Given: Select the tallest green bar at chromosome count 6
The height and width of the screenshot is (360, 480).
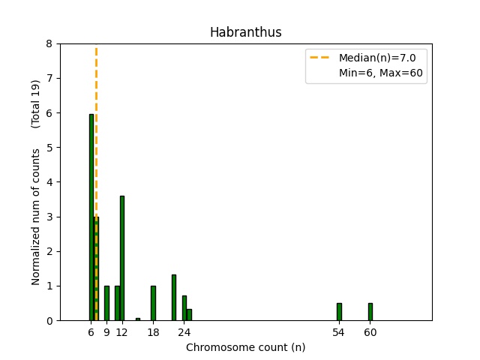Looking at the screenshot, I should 91,217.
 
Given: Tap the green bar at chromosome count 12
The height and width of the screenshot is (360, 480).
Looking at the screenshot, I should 122,258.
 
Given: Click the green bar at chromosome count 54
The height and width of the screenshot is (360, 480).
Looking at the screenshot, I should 339,311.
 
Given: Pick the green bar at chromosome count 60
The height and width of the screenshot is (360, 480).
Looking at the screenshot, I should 370,311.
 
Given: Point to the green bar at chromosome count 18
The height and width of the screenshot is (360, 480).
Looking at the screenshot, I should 153,303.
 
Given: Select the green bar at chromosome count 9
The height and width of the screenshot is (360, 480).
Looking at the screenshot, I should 106,303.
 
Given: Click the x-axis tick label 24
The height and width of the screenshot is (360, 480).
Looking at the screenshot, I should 184,332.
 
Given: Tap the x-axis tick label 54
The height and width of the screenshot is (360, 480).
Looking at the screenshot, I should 339,332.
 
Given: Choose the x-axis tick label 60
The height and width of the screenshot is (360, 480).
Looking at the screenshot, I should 370,332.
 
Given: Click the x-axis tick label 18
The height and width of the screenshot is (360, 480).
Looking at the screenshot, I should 153,332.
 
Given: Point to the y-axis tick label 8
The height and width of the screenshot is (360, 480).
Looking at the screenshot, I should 49,44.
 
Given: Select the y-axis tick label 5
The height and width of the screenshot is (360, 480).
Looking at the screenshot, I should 49,148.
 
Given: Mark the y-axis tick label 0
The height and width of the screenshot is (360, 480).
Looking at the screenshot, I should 49,321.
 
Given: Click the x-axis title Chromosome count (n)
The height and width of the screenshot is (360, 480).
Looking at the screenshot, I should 245,347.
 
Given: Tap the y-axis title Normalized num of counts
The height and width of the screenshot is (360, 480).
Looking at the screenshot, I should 36,213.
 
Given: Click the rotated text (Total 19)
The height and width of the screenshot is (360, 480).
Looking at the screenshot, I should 36,103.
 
